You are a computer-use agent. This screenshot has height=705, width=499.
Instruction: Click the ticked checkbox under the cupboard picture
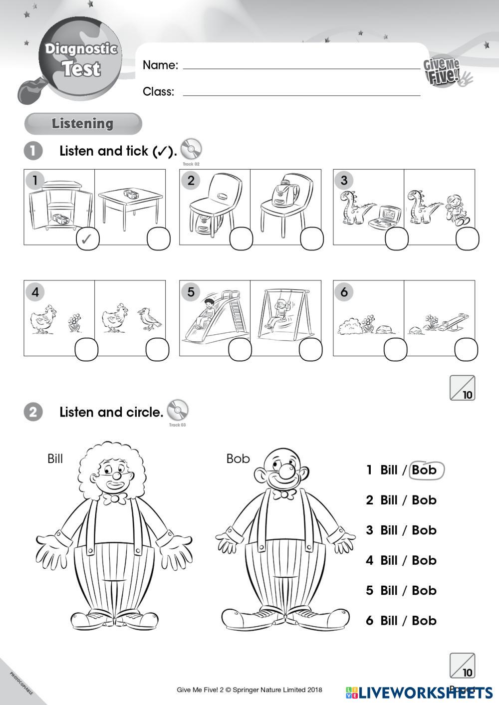pyautogui.click(x=87, y=239)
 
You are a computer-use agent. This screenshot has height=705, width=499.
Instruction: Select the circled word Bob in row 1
pyautogui.click(x=425, y=470)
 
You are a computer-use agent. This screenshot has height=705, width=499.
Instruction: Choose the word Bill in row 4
pyautogui.click(x=389, y=560)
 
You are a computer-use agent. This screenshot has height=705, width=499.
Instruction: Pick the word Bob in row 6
pyautogui.click(x=424, y=621)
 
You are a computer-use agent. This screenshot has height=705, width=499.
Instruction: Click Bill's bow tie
pyautogui.click(x=114, y=498)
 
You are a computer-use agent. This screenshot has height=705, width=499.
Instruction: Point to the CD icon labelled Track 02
pyautogui.click(x=191, y=149)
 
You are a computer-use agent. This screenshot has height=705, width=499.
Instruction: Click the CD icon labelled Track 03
pyautogui.click(x=177, y=411)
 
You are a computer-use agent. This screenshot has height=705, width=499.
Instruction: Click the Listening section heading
pyautogui.click(x=83, y=124)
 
